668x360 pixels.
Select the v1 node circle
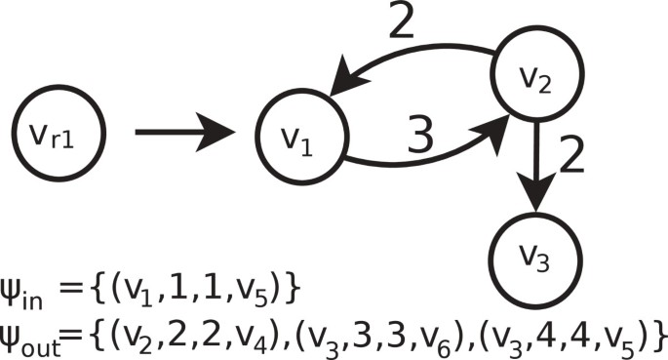301,139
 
